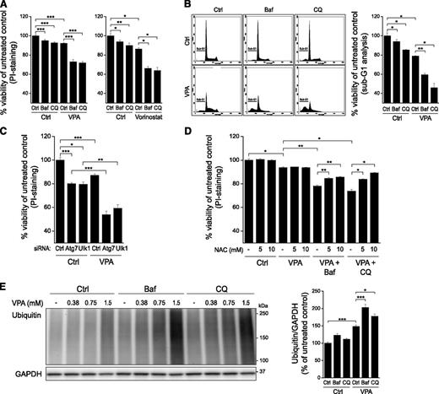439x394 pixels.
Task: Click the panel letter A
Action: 5,7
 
